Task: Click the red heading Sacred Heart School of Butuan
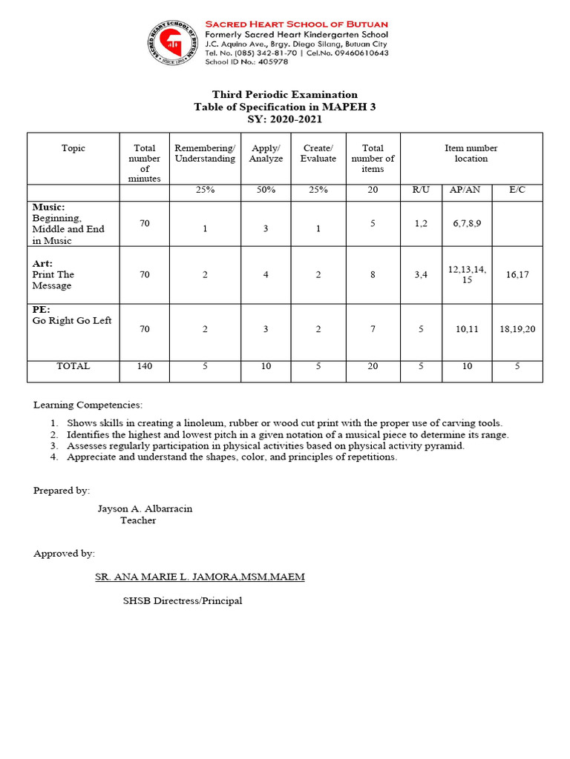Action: point(295,24)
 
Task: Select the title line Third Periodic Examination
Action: point(285,94)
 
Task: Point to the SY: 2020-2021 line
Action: point(285,119)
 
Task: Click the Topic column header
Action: point(73,148)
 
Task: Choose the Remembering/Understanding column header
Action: point(205,153)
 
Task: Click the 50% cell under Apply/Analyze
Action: point(266,190)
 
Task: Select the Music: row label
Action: point(49,207)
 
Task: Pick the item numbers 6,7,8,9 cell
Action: point(467,223)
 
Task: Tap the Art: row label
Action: point(42,263)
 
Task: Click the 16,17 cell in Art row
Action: point(517,274)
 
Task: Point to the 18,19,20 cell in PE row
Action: point(517,328)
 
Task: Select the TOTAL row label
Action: point(73,366)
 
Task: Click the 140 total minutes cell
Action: point(145,366)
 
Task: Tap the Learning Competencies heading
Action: point(88,405)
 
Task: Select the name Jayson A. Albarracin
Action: point(145,508)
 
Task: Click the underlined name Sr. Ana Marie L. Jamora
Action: point(200,577)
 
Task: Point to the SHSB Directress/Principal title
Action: point(183,600)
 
